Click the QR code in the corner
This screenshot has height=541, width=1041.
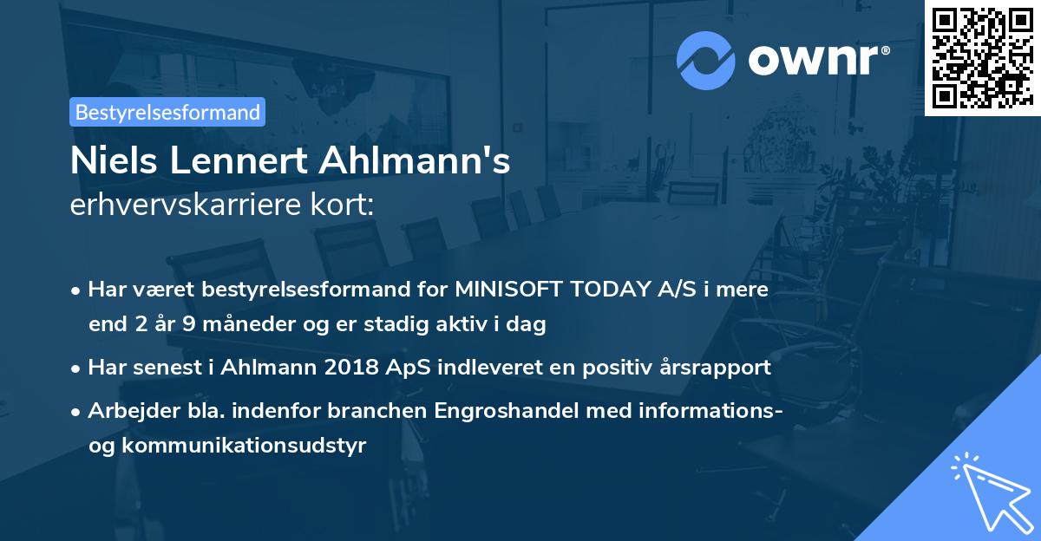[982, 58]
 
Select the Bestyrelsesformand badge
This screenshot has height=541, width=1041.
[167, 112]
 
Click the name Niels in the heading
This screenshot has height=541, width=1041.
[107, 162]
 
